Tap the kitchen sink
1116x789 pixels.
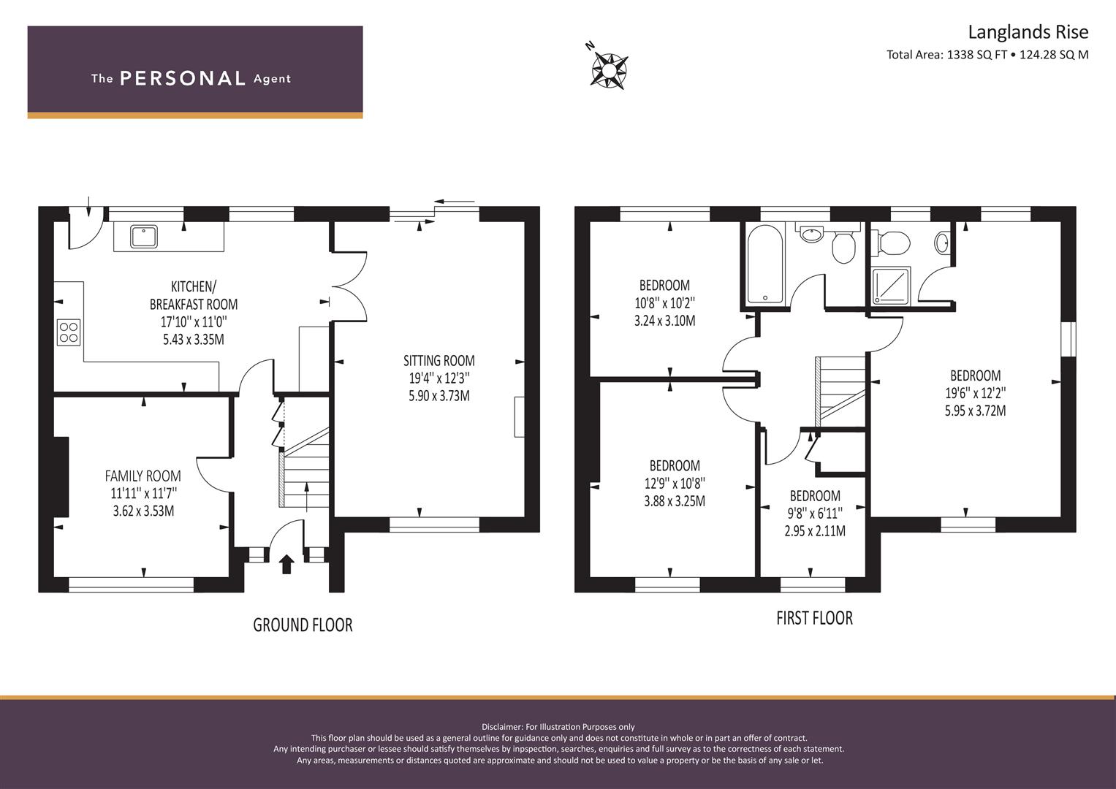click(x=144, y=237)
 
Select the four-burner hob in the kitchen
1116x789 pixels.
click(x=69, y=332)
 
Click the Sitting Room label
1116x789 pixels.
click(x=439, y=361)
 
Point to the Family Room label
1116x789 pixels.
click(x=143, y=476)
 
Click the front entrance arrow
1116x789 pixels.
click(x=286, y=564)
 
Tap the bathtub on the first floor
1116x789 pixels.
click(x=764, y=264)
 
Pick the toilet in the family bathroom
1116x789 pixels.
click(x=843, y=245)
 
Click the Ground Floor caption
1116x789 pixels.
click(x=303, y=625)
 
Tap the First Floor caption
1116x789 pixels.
click(x=815, y=618)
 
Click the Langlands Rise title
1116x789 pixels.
click(x=1028, y=32)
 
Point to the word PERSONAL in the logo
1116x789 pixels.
click(x=183, y=78)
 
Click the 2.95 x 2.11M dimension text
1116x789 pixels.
click(x=815, y=531)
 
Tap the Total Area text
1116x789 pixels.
click(x=987, y=55)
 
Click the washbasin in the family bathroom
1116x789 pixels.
click(x=812, y=234)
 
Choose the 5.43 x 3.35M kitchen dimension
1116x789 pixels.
click(x=193, y=340)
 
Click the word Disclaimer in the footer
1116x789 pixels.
click(x=501, y=727)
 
